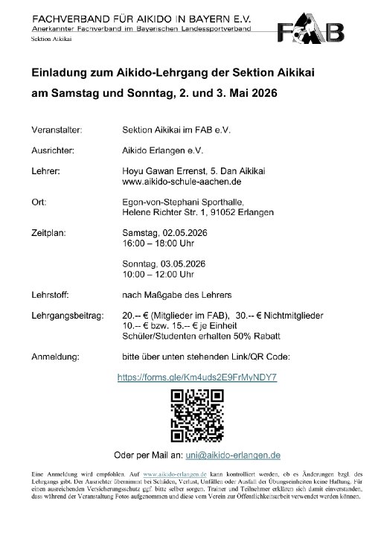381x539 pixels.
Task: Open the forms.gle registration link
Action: (x=197, y=377)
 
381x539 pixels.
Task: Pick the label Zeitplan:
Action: (x=50, y=232)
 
